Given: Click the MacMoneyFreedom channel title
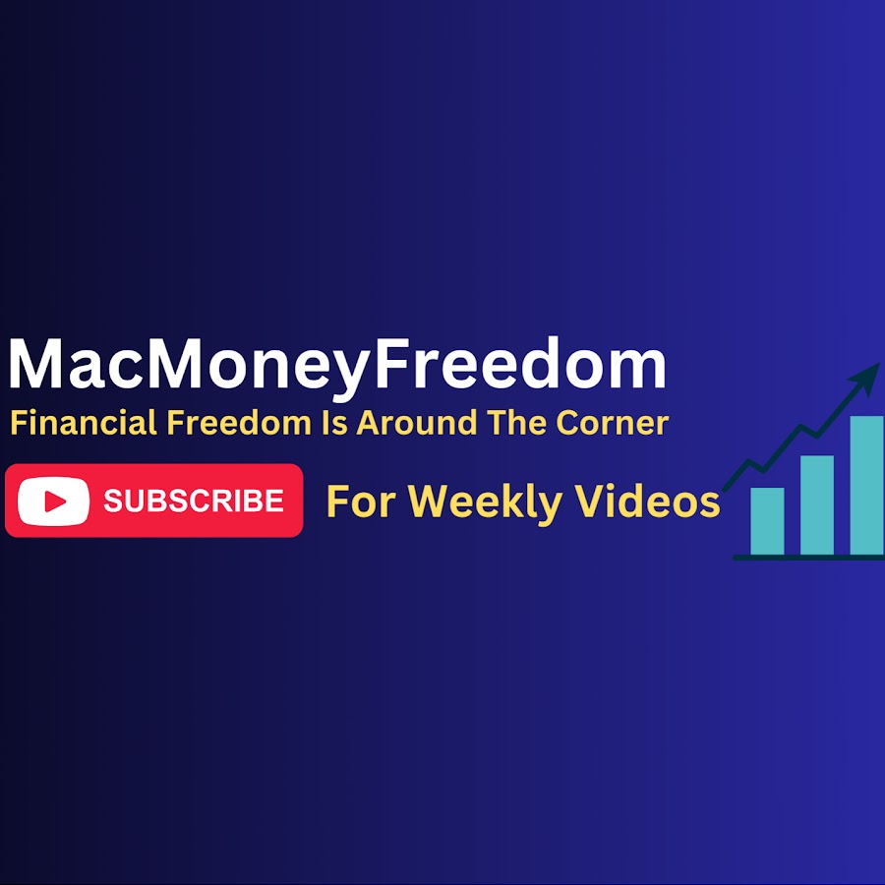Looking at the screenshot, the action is pyautogui.click(x=337, y=365).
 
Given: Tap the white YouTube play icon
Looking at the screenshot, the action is pyautogui.click(x=54, y=501).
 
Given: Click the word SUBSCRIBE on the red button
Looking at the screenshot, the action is pyautogui.click(x=194, y=501).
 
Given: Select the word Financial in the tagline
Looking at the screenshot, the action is pyautogui.click(x=84, y=423).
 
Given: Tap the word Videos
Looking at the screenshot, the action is pyautogui.click(x=647, y=501).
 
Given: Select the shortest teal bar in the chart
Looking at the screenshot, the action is pyautogui.click(x=767, y=521).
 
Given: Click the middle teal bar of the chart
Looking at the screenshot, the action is pyautogui.click(x=817, y=505).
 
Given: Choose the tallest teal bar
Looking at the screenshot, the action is pyautogui.click(x=866, y=486).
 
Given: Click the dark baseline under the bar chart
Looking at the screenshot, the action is pyautogui.click(x=808, y=558).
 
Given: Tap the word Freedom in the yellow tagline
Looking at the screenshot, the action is pyautogui.click(x=239, y=423).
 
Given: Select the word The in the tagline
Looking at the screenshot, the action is pyautogui.click(x=517, y=423).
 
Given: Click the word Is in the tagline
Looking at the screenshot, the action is pyautogui.click(x=334, y=423).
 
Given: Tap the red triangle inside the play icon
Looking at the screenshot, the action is pyautogui.click(x=55, y=501).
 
